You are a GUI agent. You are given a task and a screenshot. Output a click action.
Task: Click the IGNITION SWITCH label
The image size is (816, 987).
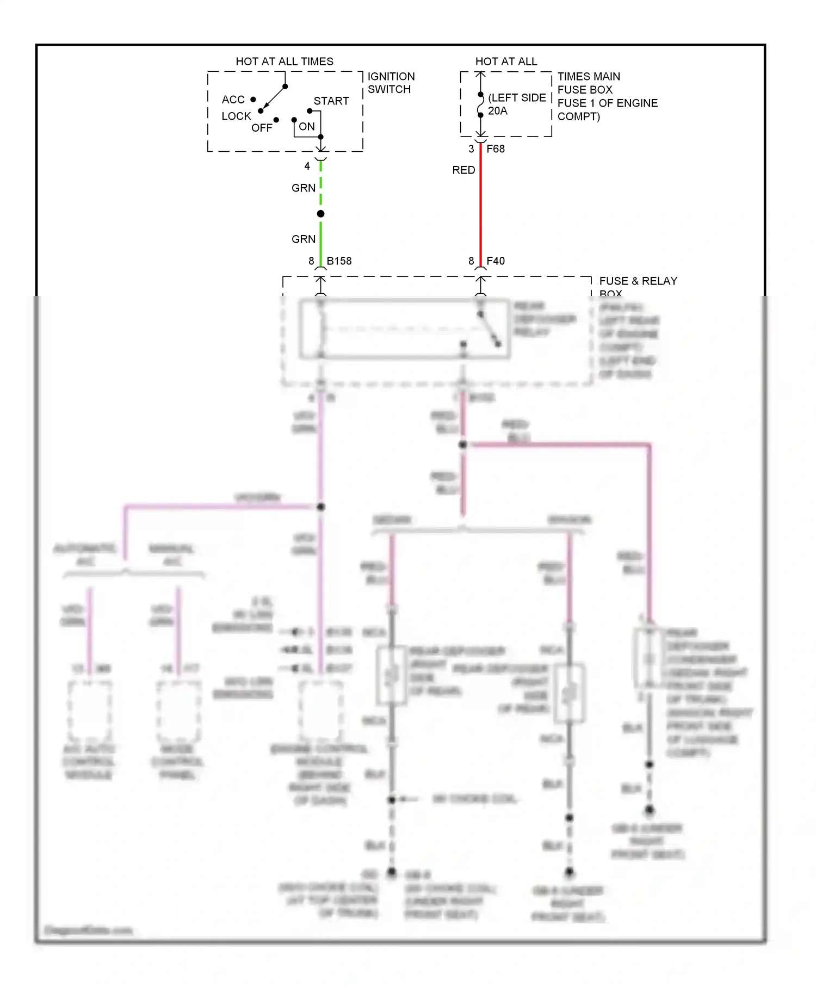tap(391, 83)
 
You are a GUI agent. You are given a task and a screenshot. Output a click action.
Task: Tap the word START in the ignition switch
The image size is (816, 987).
tap(331, 101)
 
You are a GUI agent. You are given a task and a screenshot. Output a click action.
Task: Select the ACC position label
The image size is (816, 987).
tap(233, 100)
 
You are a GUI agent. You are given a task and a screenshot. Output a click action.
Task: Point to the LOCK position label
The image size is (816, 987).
tap(236, 116)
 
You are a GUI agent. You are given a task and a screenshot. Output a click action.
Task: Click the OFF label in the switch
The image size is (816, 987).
tap(262, 128)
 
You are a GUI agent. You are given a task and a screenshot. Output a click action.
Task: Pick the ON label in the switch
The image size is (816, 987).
tap(307, 127)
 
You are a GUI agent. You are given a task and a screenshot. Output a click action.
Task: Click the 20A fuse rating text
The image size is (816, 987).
tap(497, 111)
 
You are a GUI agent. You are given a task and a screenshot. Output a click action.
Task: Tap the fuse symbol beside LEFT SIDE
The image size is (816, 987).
tap(480, 105)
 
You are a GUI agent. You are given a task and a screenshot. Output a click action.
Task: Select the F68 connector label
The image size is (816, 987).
tap(496, 149)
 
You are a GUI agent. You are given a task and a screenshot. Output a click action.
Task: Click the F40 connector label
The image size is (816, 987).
tap(496, 261)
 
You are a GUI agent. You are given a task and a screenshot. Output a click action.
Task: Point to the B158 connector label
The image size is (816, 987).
tap(339, 261)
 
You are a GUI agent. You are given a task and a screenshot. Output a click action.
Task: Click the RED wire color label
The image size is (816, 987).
tap(463, 170)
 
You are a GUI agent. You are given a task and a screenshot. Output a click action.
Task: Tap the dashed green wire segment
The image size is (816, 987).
tap(320, 185)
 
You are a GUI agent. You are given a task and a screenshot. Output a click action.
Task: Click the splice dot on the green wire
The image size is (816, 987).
tap(320, 214)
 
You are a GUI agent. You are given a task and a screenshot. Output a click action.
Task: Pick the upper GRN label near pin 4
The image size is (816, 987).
tap(303, 188)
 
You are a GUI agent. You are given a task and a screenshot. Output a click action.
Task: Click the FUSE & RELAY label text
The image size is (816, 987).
tap(638, 281)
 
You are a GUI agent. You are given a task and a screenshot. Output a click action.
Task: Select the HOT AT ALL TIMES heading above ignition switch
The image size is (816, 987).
tap(284, 61)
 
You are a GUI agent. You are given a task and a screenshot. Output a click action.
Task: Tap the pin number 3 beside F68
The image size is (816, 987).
tap(471, 149)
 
